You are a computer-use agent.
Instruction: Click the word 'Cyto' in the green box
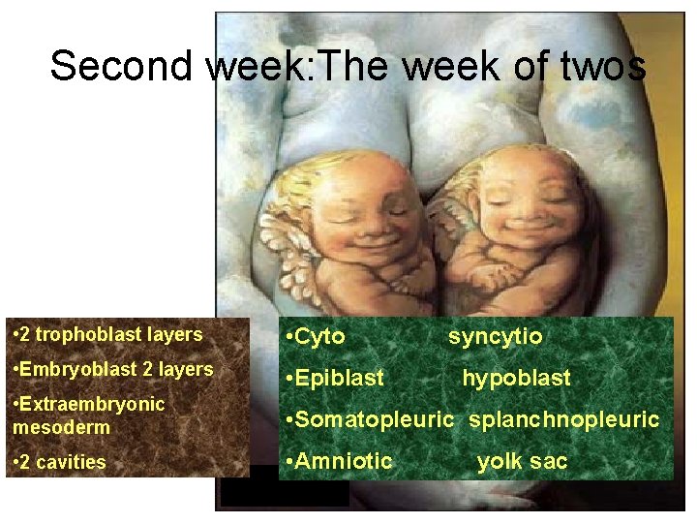coord(319,337)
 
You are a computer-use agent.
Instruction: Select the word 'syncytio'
coord(495,337)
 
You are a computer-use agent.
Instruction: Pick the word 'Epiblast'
coord(339,379)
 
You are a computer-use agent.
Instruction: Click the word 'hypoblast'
coord(516,379)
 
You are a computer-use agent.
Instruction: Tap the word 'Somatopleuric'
coord(373,419)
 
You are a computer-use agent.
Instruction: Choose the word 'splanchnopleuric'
coord(563,419)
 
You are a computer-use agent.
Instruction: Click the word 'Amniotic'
coord(344,461)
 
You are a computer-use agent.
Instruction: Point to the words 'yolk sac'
coord(522,461)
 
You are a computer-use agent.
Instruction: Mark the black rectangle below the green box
coord(284,493)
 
